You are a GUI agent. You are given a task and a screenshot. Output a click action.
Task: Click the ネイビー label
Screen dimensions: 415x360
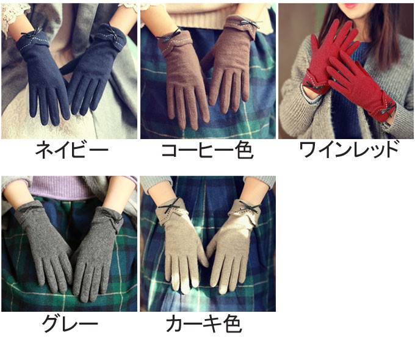coord(71,150)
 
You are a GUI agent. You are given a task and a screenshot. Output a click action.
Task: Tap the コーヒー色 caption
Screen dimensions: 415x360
coord(208,150)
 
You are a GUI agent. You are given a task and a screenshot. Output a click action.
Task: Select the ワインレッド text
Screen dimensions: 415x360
coord(349,149)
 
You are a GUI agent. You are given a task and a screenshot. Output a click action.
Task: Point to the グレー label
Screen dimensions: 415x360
coord(70,323)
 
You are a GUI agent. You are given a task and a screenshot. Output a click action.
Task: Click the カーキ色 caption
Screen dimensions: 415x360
coord(204,323)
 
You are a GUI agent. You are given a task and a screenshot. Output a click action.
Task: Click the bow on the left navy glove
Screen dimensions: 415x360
coord(32,33)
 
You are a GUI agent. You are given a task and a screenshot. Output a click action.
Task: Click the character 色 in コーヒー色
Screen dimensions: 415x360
coord(244,150)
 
